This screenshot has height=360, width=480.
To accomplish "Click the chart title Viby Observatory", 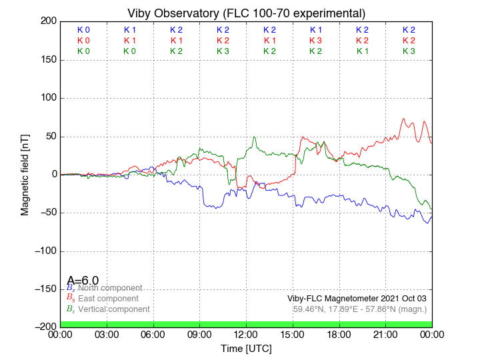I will click(246, 13).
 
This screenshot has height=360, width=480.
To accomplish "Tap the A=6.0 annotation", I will click(83, 281).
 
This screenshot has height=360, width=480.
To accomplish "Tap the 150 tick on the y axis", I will click(47, 60).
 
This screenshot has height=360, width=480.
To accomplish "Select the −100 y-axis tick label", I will click(44, 251).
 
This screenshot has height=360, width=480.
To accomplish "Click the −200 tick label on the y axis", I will click(44, 327).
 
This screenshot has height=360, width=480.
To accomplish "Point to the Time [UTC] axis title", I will click(246, 349).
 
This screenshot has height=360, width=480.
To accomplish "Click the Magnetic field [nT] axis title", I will click(25, 174).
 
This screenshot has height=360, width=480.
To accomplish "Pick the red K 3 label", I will click(315, 41).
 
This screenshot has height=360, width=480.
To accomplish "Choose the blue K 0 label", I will click(83, 30).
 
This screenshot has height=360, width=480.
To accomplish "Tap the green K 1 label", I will click(362, 51).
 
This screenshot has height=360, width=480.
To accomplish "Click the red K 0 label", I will click(83, 41).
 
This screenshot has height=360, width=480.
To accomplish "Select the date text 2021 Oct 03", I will click(403, 298).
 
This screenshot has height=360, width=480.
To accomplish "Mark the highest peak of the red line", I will click(403, 119).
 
